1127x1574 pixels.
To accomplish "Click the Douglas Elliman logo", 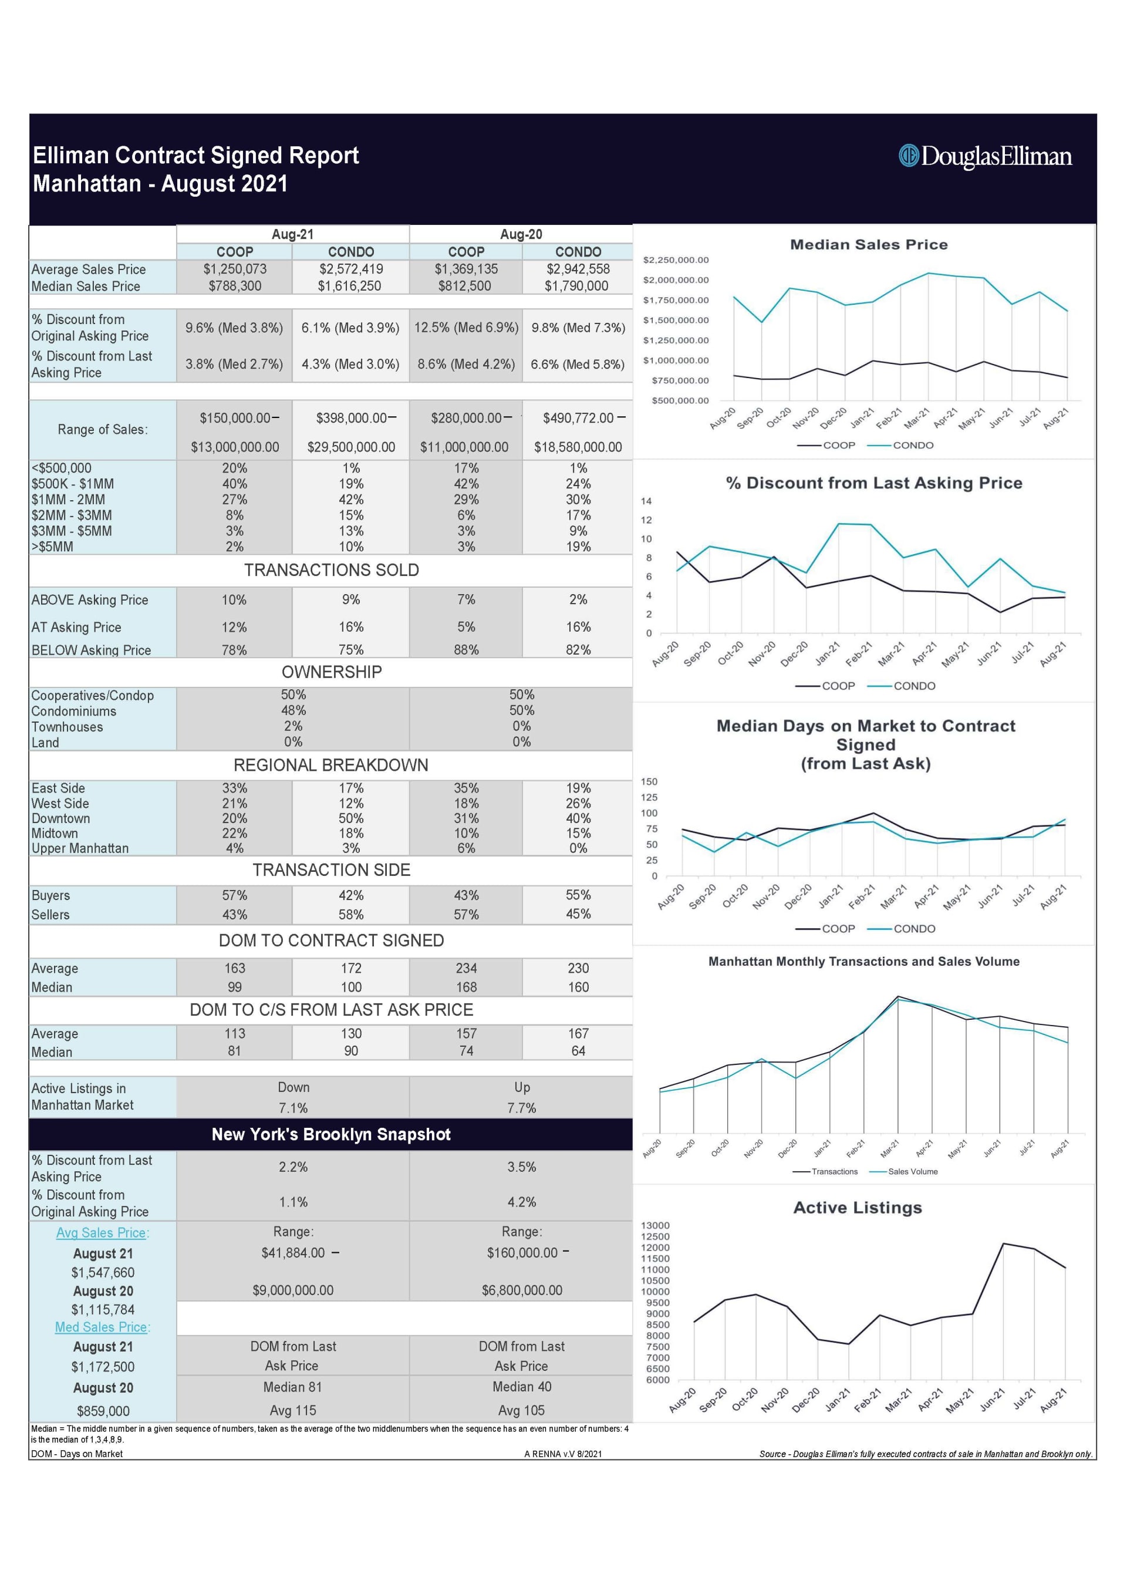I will [x=985, y=156].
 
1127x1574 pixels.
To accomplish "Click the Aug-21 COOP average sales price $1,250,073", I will [x=235, y=269].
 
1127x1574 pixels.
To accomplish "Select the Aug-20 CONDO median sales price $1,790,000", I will [x=576, y=286].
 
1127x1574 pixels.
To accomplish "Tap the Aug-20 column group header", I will [x=521, y=235].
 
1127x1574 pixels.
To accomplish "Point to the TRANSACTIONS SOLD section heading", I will [x=331, y=570].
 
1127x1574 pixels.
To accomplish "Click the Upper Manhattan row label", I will [x=80, y=848].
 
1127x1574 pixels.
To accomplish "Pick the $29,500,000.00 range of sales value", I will [x=351, y=447].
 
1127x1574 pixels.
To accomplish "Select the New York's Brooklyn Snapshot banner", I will [x=331, y=1134].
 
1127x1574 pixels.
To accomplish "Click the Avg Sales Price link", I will [x=102, y=1232].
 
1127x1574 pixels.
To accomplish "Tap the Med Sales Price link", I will [x=102, y=1327].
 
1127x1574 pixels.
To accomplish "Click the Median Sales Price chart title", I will [x=868, y=244].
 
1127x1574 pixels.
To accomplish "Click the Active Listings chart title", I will [x=857, y=1208].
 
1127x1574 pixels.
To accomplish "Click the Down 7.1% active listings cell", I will [x=293, y=1097].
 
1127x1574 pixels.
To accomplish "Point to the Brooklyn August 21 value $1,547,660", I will [x=103, y=1272].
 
